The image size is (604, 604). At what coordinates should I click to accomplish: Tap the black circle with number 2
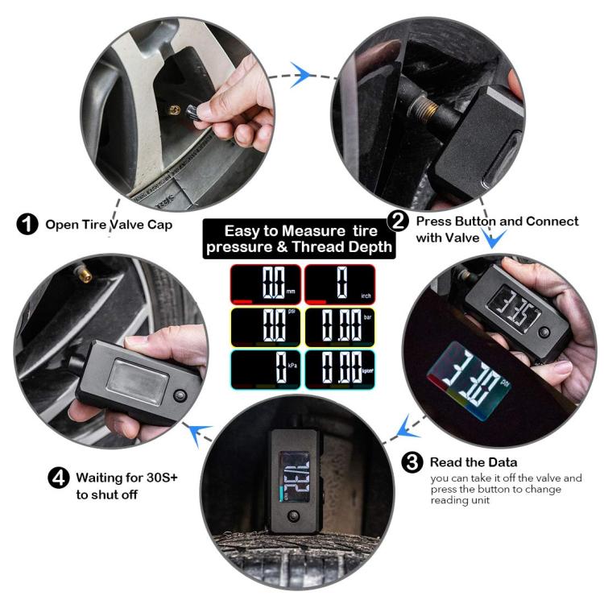[x=397, y=221]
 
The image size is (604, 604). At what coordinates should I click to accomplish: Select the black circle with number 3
[x=412, y=462]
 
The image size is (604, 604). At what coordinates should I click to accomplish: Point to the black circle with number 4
[x=60, y=478]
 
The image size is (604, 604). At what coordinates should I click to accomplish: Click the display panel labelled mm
[x=266, y=283]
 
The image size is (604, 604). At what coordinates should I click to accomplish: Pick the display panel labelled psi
[x=266, y=327]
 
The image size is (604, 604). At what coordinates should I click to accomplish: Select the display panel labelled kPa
[x=266, y=370]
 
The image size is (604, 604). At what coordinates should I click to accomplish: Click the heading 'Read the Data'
[x=473, y=462]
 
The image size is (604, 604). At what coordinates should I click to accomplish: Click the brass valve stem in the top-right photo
[x=425, y=107]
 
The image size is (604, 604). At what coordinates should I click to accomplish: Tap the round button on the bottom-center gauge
[x=294, y=516]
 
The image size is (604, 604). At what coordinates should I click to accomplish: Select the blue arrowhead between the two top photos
[x=301, y=76]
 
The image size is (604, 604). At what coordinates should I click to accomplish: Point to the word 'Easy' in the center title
[x=244, y=230]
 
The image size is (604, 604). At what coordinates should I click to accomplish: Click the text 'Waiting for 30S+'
[x=126, y=477]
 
